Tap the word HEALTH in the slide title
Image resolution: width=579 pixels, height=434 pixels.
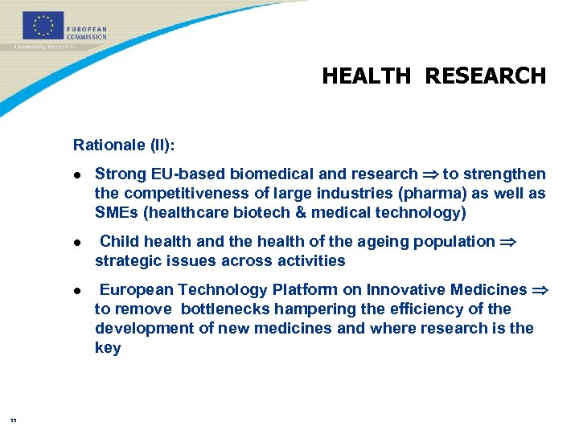coord(366,76)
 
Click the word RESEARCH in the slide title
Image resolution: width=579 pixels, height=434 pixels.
coord(485,76)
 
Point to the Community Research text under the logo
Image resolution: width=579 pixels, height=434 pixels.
coord(43,47)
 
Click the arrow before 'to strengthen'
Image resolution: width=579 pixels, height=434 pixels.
coord(430,174)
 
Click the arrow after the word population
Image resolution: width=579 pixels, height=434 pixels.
coord(507,242)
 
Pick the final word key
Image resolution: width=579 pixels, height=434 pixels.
coord(108,348)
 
